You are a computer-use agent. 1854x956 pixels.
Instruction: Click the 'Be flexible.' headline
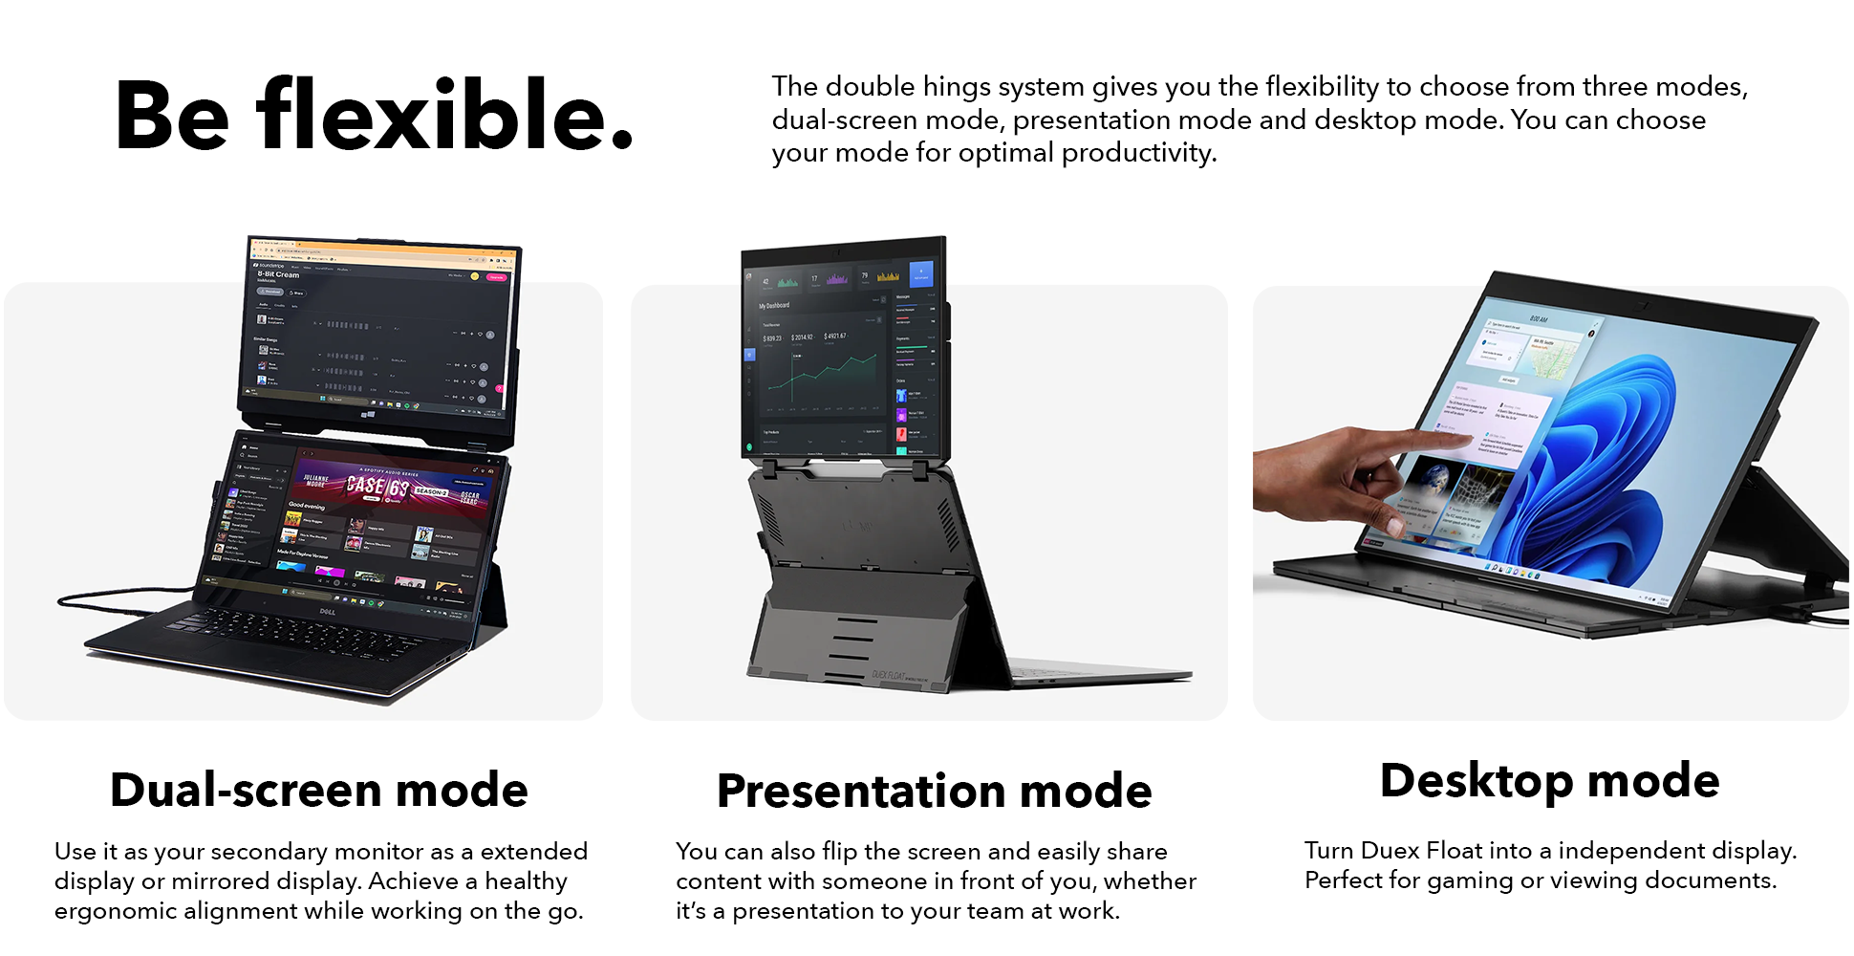coord(374,117)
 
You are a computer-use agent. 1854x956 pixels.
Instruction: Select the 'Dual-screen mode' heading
coord(319,790)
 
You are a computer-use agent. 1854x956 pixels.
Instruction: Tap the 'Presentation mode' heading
coord(934,792)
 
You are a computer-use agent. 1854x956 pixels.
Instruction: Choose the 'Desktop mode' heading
coord(1549,781)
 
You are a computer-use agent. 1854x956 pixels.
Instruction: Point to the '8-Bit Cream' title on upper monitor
coord(278,274)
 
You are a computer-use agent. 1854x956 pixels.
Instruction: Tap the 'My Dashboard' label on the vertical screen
coord(774,306)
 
